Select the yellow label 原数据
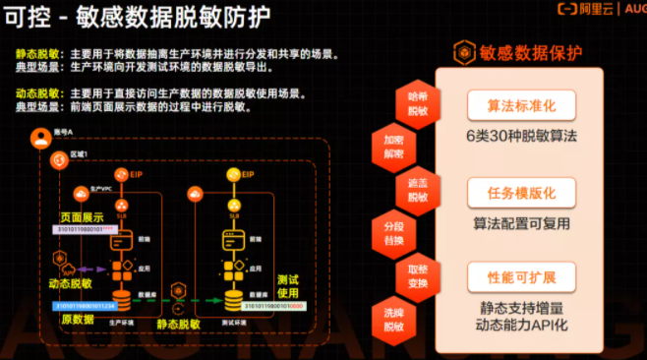77,321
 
